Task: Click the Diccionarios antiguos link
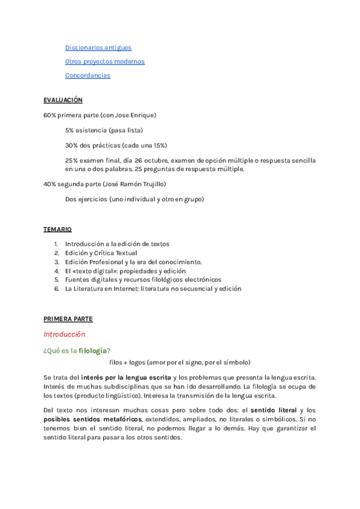tap(98, 47)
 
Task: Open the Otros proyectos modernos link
tap(104, 61)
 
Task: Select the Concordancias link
tap(88, 76)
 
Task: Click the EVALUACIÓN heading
tap(63, 100)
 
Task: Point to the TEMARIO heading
tap(58, 229)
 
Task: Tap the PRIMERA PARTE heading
tap(68, 319)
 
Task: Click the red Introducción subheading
tap(64, 334)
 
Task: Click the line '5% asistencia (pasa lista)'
tap(104, 130)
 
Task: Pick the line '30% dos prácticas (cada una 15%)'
tap(116, 145)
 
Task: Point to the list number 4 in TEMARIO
tap(56, 271)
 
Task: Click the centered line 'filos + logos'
tap(180, 363)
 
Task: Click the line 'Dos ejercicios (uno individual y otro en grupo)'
tap(134, 199)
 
